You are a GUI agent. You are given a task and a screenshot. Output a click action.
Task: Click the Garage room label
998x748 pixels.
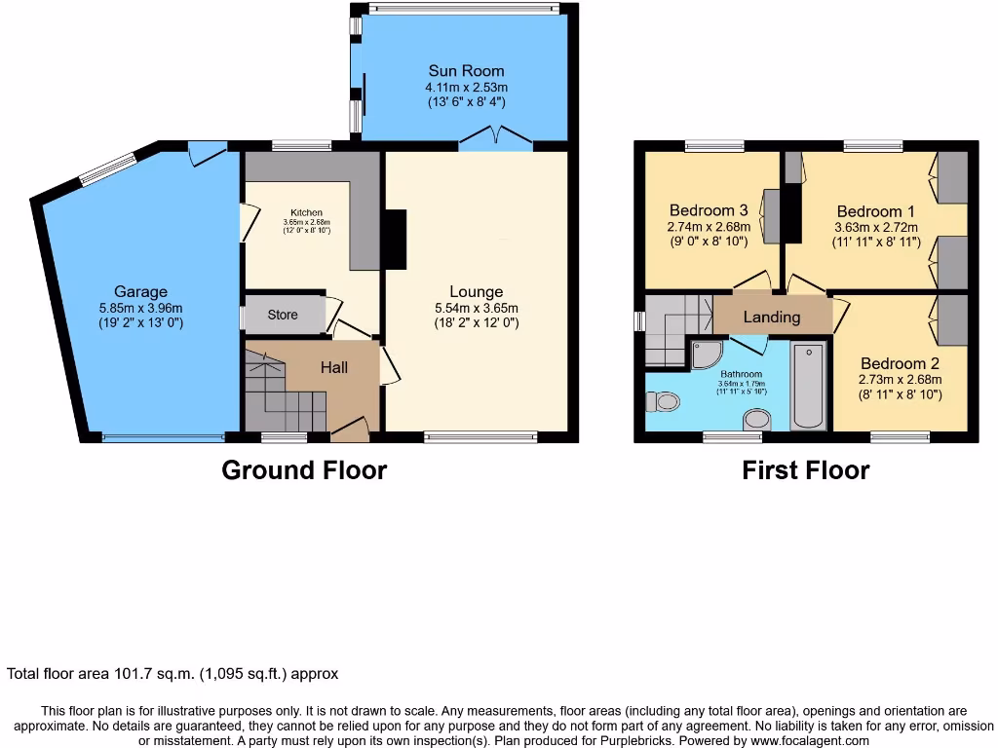click(140, 291)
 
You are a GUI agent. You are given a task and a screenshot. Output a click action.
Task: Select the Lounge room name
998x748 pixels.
click(476, 291)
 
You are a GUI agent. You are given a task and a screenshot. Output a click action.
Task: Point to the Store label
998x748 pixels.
click(283, 315)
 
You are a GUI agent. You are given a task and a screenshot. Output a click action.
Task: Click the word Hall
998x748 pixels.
click(334, 367)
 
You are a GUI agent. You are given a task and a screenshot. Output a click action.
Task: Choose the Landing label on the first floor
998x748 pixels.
click(772, 317)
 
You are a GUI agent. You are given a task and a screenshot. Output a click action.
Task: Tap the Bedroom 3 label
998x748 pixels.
click(709, 210)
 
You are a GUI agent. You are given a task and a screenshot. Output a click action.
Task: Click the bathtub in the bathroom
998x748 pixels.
click(809, 387)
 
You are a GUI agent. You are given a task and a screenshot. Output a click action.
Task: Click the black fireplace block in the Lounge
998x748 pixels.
click(396, 240)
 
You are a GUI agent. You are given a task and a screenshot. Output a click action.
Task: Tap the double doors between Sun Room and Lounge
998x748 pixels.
click(496, 143)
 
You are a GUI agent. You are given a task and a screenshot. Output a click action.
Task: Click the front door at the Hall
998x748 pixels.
click(350, 429)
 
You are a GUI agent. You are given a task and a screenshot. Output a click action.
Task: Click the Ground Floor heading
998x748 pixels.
click(304, 470)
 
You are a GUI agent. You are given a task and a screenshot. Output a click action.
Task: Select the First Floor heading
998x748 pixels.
click(805, 470)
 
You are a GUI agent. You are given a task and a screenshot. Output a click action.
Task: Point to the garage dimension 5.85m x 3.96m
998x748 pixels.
click(140, 307)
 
